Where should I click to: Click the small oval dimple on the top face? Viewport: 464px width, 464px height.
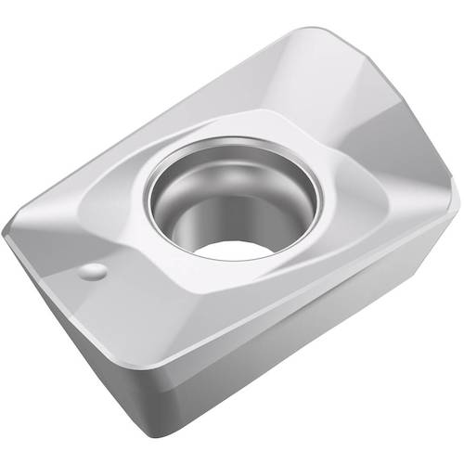click(94, 272)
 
